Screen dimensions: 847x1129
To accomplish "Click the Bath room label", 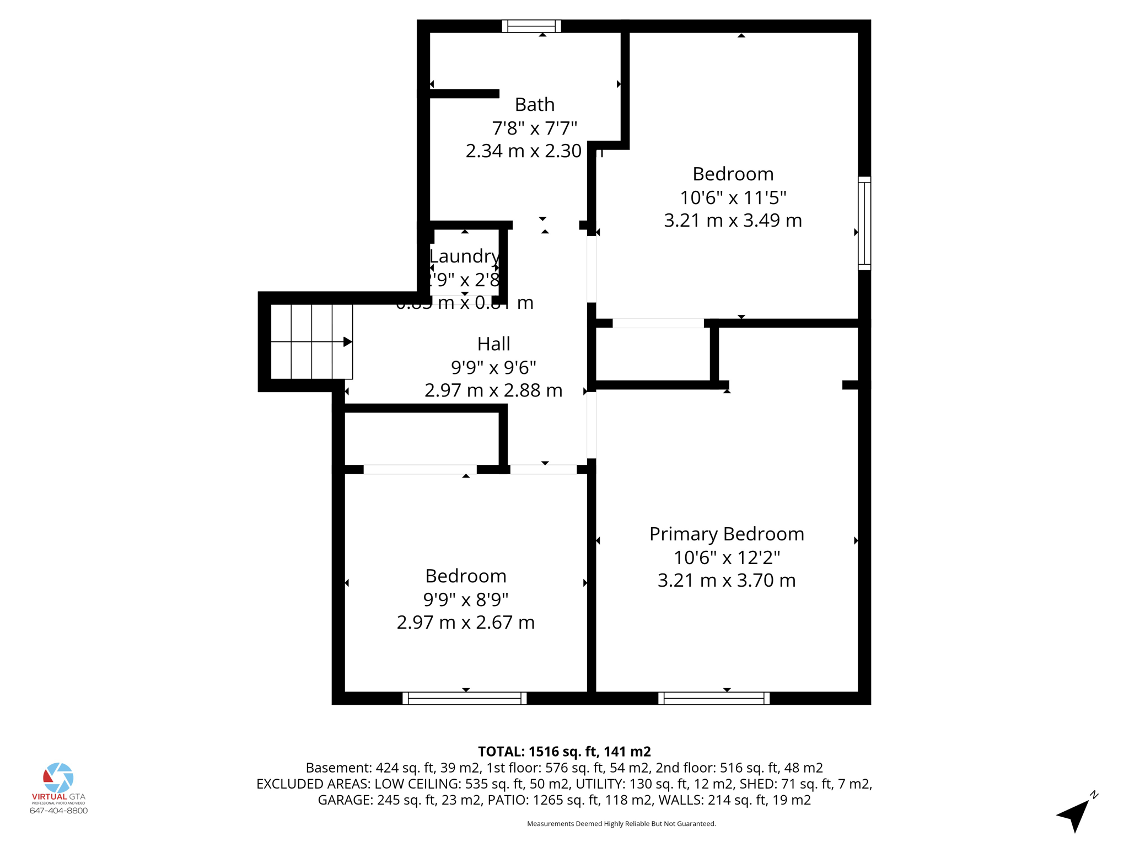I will click(x=534, y=104).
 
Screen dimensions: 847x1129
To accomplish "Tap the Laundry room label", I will click(x=464, y=256).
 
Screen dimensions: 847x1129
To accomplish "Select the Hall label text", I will click(x=493, y=344).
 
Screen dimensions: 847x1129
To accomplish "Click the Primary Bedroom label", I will click(x=726, y=534).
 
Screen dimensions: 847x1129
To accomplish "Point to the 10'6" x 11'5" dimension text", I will click(x=733, y=197).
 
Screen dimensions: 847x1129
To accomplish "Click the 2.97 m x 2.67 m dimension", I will click(x=465, y=622).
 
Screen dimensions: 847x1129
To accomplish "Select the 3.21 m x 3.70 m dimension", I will click(x=726, y=580).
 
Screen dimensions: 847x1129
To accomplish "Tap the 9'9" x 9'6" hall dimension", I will click(x=493, y=367).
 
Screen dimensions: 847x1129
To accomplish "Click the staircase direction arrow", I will click(x=347, y=342).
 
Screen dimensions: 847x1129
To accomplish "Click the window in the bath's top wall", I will click(x=531, y=26).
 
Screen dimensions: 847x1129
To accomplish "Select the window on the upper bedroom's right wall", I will click(x=864, y=223).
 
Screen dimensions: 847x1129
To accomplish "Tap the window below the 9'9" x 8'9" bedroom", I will click(x=464, y=698).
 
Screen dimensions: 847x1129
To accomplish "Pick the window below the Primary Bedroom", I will click(x=713, y=698).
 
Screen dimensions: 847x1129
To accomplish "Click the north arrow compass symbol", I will click(x=1074, y=814).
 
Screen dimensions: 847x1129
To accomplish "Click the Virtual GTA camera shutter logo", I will click(x=58, y=778).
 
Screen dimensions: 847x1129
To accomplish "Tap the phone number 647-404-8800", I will click(x=58, y=811).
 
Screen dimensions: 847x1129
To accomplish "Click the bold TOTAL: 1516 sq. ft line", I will click(x=564, y=752).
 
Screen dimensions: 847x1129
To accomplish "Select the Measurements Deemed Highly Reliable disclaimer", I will click(x=621, y=824).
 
